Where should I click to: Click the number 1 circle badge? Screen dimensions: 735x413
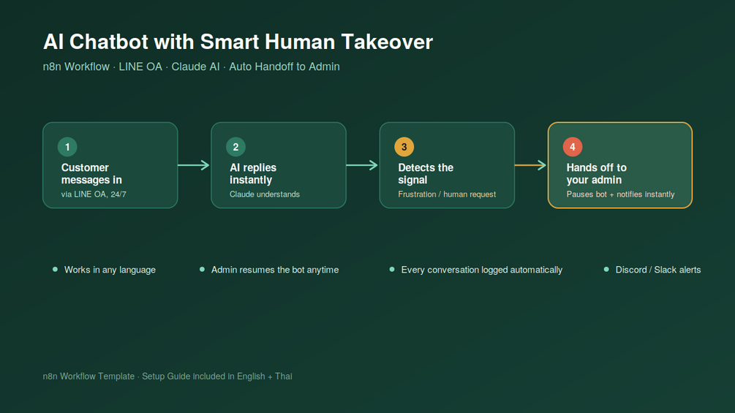coord(67,147)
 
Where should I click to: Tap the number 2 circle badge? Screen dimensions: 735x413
coord(235,147)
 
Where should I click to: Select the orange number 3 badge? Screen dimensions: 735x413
coord(404,147)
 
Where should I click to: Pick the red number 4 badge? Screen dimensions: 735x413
coord(573,147)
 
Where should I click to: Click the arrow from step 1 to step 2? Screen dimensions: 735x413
coord(194,164)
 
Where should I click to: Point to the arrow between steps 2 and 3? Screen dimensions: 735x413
coord(362,164)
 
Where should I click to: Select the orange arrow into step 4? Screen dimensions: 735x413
coord(530,164)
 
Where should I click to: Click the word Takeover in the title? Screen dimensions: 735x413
coord(387,42)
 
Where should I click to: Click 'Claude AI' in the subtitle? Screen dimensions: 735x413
coord(195,67)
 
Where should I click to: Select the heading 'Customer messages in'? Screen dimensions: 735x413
coord(91,174)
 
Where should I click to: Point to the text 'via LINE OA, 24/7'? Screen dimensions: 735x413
coord(94,194)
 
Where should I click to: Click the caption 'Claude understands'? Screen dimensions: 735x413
coord(264,194)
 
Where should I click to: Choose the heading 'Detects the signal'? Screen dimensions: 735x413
coord(426,174)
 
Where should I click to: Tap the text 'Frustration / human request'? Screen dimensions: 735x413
coord(447,194)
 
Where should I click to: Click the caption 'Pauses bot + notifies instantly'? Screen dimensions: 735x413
coord(620,194)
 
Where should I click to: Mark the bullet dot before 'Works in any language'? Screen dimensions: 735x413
coord(56,269)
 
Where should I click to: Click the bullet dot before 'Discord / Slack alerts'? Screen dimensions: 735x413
coord(606,269)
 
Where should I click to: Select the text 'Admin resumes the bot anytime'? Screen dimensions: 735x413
coord(275,270)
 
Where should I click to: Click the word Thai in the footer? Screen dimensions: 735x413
coord(284,376)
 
